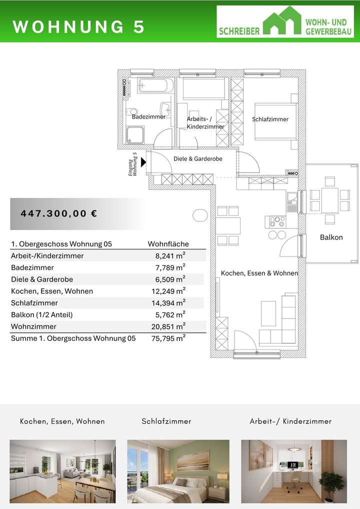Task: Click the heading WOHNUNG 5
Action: pos(78,27)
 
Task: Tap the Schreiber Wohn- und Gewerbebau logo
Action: pos(285,21)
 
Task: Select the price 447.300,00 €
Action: pos(59,213)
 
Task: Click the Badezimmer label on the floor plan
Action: pos(148,116)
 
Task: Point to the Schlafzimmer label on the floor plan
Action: pos(270,119)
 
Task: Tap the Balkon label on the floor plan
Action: pos(331,237)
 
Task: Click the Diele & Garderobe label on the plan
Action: pos(197,158)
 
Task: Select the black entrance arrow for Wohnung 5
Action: pos(143,162)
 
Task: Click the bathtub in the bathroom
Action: pos(155,85)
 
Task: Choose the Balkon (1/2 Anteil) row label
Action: pos(41,315)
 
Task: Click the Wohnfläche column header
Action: pos(168,244)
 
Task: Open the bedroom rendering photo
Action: pos(178,471)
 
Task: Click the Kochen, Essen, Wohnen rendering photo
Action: pos(62,471)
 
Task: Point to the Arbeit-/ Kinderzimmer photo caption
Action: pos(290,421)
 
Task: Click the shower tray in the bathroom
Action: pos(134,135)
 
